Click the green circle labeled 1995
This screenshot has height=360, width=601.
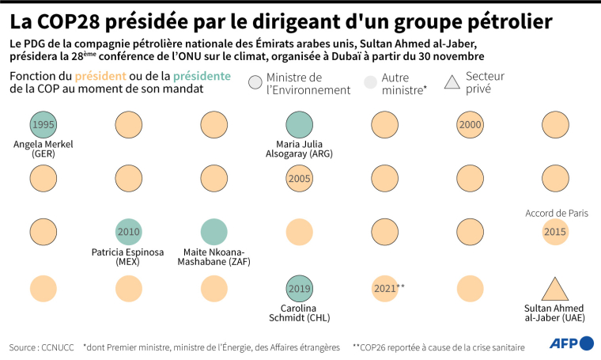coord(43,125)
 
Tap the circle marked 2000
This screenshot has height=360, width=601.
coord(470,125)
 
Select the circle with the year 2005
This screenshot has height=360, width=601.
coord(298,179)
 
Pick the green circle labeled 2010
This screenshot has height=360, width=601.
coord(128,231)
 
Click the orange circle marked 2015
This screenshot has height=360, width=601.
coord(555,231)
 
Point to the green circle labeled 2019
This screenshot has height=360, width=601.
coord(298,288)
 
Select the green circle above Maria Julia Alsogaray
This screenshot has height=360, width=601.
coord(298,125)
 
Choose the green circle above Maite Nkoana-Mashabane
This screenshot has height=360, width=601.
coord(214,231)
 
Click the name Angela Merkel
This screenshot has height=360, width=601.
coord(43,144)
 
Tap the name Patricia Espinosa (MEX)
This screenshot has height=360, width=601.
coord(128,256)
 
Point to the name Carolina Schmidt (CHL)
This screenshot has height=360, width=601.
coord(298,313)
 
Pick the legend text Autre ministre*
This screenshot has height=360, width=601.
coord(404,84)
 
